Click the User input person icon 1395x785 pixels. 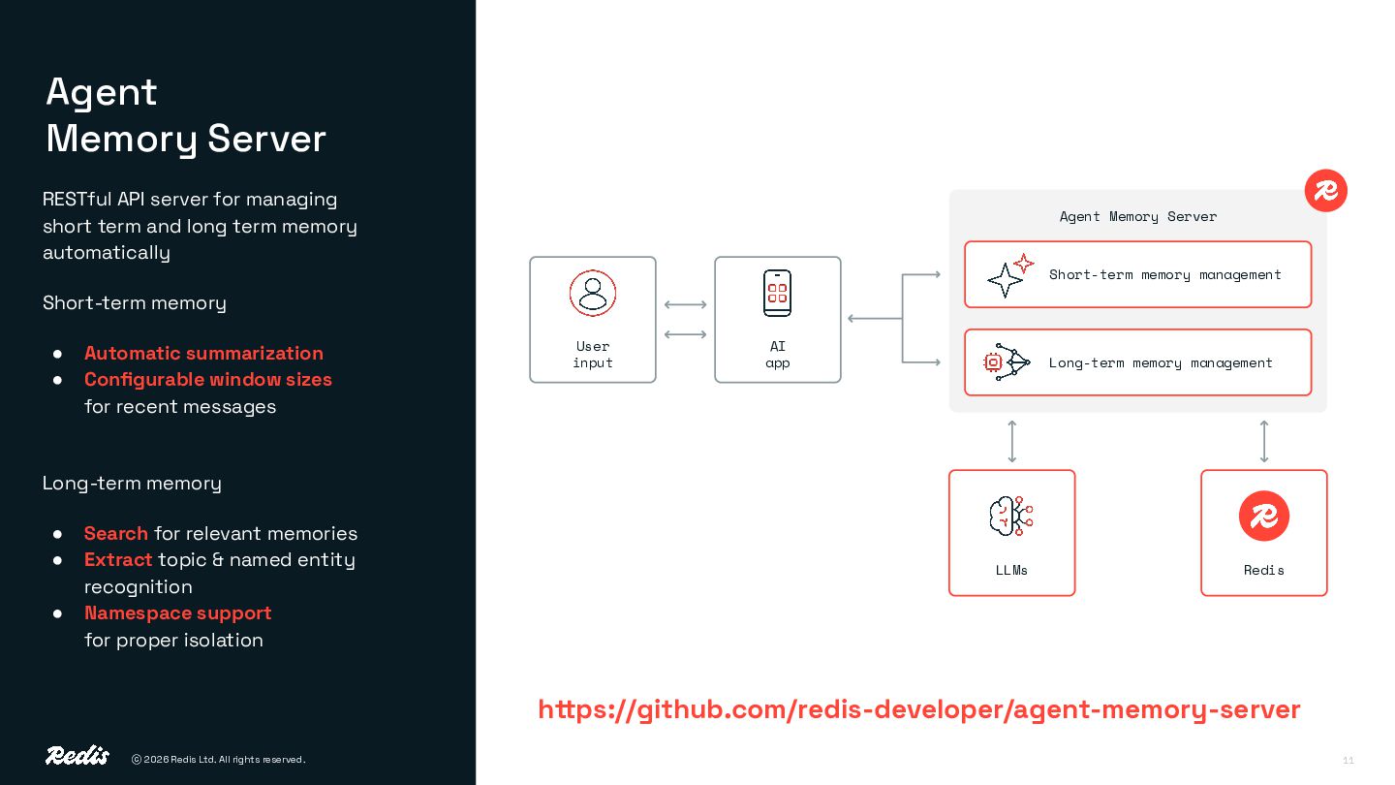(x=593, y=293)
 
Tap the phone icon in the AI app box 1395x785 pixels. (x=777, y=293)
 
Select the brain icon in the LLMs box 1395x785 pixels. (x=1011, y=516)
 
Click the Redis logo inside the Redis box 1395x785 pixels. (x=1263, y=516)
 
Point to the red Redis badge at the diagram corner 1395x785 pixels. (x=1325, y=190)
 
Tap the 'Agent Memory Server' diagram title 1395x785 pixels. (x=1137, y=216)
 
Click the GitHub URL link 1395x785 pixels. (x=918, y=709)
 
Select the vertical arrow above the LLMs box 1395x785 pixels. (x=1011, y=441)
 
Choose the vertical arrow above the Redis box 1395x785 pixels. (x=1263, y=441)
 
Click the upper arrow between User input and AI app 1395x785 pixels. (x=685, y=305)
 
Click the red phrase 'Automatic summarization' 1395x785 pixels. (x=203, y=353)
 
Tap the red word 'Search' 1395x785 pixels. (x=115, y=533)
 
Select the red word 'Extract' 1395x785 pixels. (x=118, y=559)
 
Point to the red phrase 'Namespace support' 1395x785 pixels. (x=177, y=612)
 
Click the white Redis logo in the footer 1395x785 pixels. (x=77, y=756)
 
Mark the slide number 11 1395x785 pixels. (x=1348, y=760)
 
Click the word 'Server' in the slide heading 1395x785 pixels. (x=266, y=139)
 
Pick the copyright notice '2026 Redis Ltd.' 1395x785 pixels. (x=218, y=760)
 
